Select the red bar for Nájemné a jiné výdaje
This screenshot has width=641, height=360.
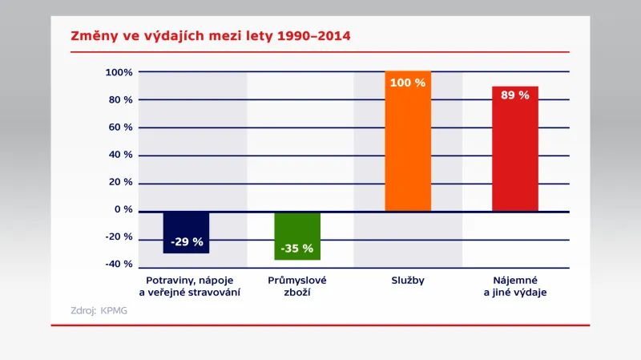tap(515, 152)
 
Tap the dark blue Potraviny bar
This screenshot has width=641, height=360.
tap(186, 233)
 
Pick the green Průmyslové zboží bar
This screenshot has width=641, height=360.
tap(297, 236)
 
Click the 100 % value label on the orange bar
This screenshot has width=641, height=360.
tap(408, 83)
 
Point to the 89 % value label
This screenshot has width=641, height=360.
tap(515, 95)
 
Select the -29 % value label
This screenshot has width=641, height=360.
tap(187, 241)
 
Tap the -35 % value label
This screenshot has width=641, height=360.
tap(297, 249)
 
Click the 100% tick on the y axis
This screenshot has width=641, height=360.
tap(119, 72)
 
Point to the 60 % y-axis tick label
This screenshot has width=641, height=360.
tap(122, 127)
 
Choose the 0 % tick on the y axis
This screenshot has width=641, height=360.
tap(124, 209)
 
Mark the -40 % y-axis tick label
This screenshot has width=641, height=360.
tap(119, 264)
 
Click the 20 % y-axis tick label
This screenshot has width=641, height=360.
tap(122, 182)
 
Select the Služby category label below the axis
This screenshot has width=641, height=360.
tap(408, 281)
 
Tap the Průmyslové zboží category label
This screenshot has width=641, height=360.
tap(297, 286)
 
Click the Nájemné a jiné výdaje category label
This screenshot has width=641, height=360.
tap(515, 286)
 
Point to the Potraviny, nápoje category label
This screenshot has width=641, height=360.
tap(189, 286)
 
